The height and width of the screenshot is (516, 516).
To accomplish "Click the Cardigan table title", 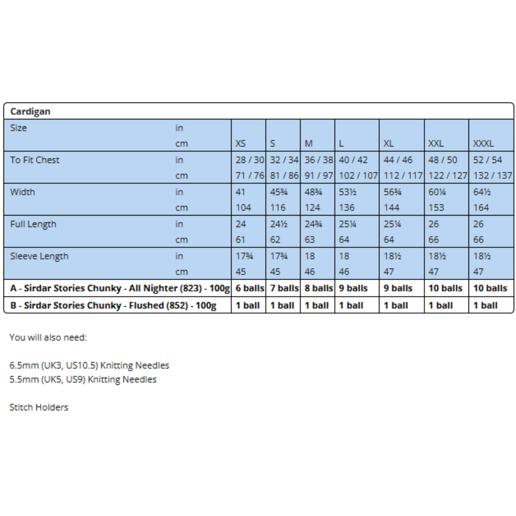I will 30,112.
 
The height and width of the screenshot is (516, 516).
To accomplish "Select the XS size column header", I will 241,144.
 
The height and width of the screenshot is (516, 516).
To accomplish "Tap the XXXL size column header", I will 483,144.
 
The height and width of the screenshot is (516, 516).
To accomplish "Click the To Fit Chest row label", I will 35,160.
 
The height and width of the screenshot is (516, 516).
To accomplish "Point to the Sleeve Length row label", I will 39,256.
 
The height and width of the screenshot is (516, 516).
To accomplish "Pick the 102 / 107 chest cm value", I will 358,176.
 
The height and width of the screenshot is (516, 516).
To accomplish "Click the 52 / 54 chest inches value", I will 487,160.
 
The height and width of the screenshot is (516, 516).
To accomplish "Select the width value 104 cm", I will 243,208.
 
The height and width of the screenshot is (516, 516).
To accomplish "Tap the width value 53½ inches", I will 347,192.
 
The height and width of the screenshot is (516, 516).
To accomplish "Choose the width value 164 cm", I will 481,208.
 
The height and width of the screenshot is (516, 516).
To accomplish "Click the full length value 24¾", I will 313,224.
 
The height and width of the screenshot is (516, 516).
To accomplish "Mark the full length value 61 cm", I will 240,240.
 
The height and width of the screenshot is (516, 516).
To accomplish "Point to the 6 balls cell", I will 250,288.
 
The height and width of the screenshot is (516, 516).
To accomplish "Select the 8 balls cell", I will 318,288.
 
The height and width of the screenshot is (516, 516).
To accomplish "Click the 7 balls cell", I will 284,288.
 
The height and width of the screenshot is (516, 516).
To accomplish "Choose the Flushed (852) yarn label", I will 113,305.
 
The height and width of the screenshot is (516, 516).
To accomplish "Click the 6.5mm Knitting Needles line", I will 89,365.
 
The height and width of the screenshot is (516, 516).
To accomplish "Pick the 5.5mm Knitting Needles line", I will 83,380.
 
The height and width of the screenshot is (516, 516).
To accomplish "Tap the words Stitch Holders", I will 39,407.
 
